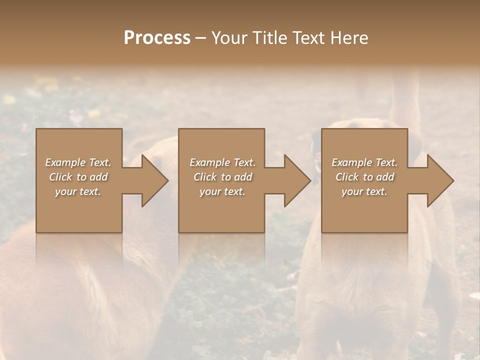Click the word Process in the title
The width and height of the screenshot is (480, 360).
(x=157, y=38)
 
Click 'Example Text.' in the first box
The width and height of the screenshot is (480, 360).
(x=78, y=162)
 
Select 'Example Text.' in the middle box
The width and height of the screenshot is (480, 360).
(x=222, y=162)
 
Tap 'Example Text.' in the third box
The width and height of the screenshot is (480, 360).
(x=364, y=162)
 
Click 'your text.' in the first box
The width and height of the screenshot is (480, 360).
(x=78, y=191)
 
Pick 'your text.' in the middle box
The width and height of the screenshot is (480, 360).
(x=222, y=191)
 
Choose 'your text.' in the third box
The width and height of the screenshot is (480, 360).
(x=364, y=191)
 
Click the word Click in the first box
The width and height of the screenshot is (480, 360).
(x=60, y=177)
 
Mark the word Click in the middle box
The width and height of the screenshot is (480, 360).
(x=205, y=177)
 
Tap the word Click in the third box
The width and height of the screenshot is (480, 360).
(x=347, y=177)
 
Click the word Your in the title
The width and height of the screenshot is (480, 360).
(x=231, y=38)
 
